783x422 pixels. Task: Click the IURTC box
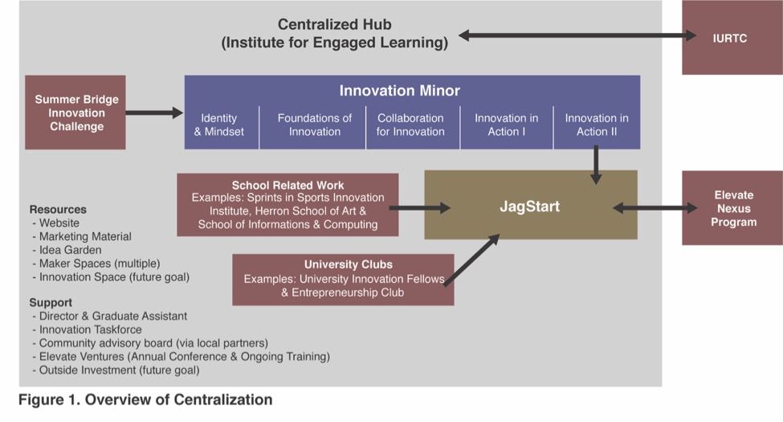pyautogui.click(x=732, y=38)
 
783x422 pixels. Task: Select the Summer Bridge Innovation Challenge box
pyautogui.click(x=75, y=113)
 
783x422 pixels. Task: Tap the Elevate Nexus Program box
pyautogui.click(x=732, y=208)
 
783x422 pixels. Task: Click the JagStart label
pyautogui.click(x=530, y=207)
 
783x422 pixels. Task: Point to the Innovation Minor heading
pyautogui.click(x=399, y=91)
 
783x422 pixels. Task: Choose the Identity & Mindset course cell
pyautogui.click(x=222, y=125)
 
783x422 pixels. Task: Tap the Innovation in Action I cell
pyautogui.click(x=507, y=125)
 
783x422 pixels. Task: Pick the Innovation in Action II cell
pyautogui.click(x=597, y=125)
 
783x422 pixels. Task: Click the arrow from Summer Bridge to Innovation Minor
pyautogui.click(x=155, y=113)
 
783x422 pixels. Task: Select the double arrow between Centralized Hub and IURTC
pyautogui.click(x=577, y=35)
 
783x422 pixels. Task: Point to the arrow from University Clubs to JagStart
pyautogui.click(x=472, y=260)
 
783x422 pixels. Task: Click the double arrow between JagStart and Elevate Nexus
pyautogui.click(x=655, y=208)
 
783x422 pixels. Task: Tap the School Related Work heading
pyautogui.click(x=288, y=185)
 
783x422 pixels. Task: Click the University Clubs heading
pyautogui.click(x=349, y=264)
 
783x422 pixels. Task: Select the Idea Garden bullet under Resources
pyautogui.click(x=67, y=250)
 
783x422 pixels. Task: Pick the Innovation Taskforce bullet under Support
pyautogui.click(x=87, y=330)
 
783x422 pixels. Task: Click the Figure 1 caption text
pyautogui.click(x=145, y=399)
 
